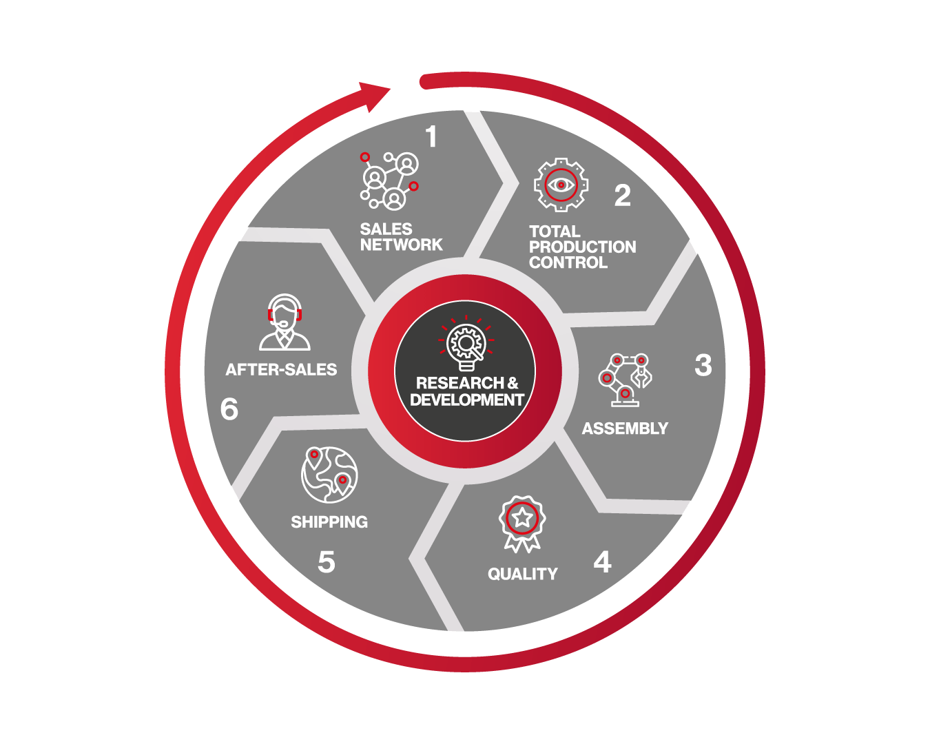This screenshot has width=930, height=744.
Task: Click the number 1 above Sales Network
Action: coord(431,136)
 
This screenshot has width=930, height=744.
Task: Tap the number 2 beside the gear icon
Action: coord(622,195)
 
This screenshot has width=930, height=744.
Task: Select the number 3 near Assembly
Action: coord(703,365)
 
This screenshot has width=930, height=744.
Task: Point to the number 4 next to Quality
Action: coord(602,561)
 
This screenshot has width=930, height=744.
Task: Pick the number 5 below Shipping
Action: coord(327,562)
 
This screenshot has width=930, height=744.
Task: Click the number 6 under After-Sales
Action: coord(229,409)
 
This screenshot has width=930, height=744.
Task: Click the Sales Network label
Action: coord(401,237)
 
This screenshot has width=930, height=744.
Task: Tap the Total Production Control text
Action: coord(582,247)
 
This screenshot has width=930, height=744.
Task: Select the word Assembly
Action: coord(625,428)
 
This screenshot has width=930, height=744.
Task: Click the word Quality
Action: coord(522,574)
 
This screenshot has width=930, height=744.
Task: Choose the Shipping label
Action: coord(329,521)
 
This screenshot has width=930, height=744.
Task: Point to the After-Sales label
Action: coord(281,370)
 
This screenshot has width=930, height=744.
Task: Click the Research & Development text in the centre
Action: coord(466,391)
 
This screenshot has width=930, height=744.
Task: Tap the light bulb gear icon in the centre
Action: coord(466,344)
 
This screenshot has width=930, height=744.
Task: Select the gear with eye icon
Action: coord(561,185)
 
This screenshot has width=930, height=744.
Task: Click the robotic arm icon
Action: coord(625,380)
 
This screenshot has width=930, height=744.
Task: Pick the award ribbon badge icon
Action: coord(522,524)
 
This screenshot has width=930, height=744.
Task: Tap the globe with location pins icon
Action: coord(329,475)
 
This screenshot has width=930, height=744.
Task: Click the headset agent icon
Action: coord(285,322)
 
